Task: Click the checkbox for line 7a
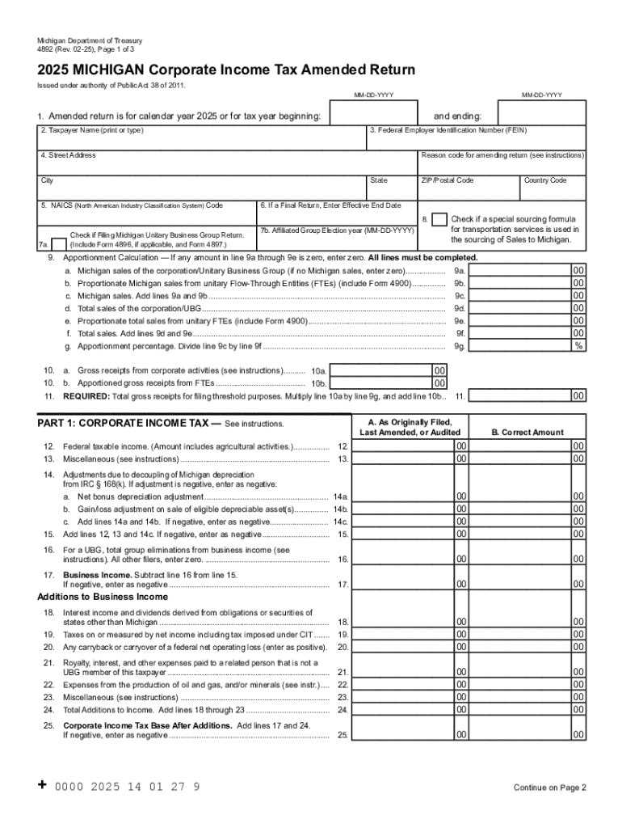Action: [58, 242]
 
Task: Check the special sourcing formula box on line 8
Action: [439, 220]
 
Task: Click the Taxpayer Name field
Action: [202, 139]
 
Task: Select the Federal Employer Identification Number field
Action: [477, 139]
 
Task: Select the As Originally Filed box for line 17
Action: [401, 584]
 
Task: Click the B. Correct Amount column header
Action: [527, 433]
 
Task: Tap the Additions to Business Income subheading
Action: [103, 597]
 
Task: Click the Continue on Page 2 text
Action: [549, 788]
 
